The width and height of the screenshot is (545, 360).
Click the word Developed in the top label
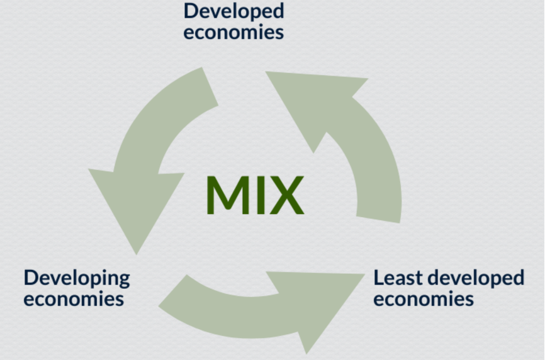233,12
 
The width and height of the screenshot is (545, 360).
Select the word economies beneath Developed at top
233,32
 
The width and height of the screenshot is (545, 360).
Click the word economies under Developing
74,299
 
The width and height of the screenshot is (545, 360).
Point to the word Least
398,278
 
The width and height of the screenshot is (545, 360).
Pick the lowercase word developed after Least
476,279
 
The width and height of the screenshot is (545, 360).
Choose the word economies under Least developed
424,299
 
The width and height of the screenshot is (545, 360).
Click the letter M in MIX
228,194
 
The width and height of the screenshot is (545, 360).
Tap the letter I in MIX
261,194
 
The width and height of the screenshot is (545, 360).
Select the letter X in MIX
287,194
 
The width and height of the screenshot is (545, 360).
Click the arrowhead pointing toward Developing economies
136,205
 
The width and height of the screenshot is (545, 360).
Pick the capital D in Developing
30,278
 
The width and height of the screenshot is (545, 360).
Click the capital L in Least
378,278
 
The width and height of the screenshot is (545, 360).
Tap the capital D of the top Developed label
190,11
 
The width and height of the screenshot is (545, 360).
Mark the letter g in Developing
124,281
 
